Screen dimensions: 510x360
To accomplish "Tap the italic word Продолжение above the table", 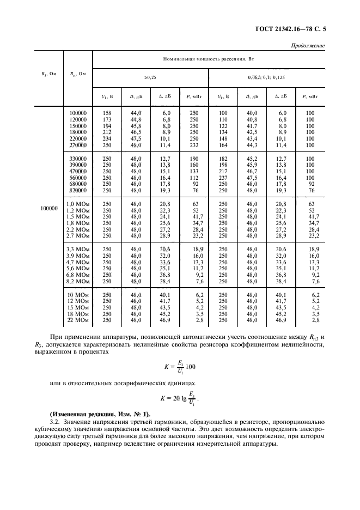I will (x=308, y=45).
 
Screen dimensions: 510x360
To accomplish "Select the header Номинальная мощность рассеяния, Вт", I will (x=209, y=58).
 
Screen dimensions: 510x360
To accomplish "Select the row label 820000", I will (x=78, y=191).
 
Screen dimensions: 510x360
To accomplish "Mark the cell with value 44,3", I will (x=252, y=145).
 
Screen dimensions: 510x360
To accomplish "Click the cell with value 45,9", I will (x=252, y=165).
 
